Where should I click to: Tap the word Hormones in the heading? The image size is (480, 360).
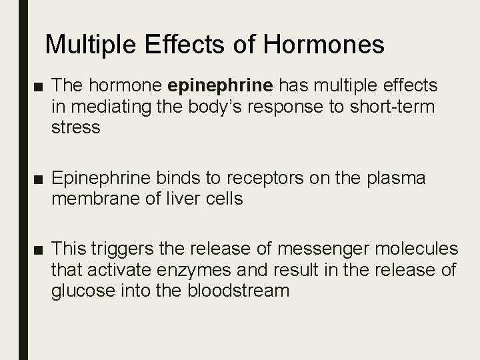pos(324,45)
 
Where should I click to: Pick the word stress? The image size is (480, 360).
pos(76,127)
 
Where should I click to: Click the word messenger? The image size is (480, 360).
pos(313,249)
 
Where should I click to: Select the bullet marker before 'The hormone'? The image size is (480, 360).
pos(35,86)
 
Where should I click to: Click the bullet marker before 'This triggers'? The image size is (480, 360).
pos(35,250)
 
